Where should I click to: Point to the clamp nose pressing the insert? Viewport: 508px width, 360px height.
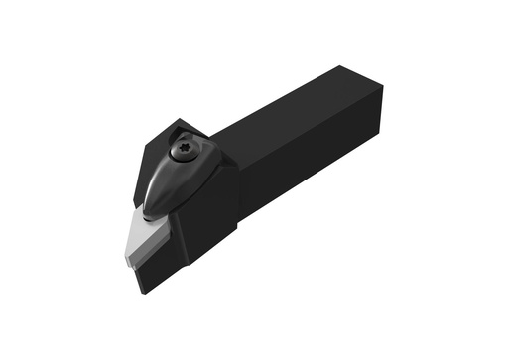click(151, 209)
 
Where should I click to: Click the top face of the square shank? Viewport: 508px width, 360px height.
click(298, 109)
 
